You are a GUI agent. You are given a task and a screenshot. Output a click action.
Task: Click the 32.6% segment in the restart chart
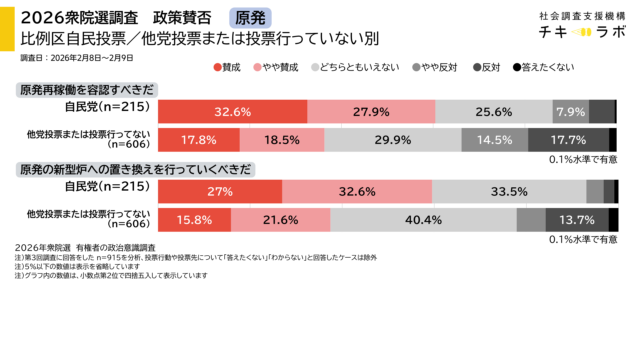232,111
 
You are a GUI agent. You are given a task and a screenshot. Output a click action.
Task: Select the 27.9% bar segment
370,111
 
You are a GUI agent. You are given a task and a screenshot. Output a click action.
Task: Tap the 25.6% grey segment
493,111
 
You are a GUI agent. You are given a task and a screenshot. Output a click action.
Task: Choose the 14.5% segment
495,140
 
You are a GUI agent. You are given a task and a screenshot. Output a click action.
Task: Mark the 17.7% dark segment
568,140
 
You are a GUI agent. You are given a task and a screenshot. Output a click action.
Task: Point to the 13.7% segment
577,219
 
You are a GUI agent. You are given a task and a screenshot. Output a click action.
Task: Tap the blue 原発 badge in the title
249,18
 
